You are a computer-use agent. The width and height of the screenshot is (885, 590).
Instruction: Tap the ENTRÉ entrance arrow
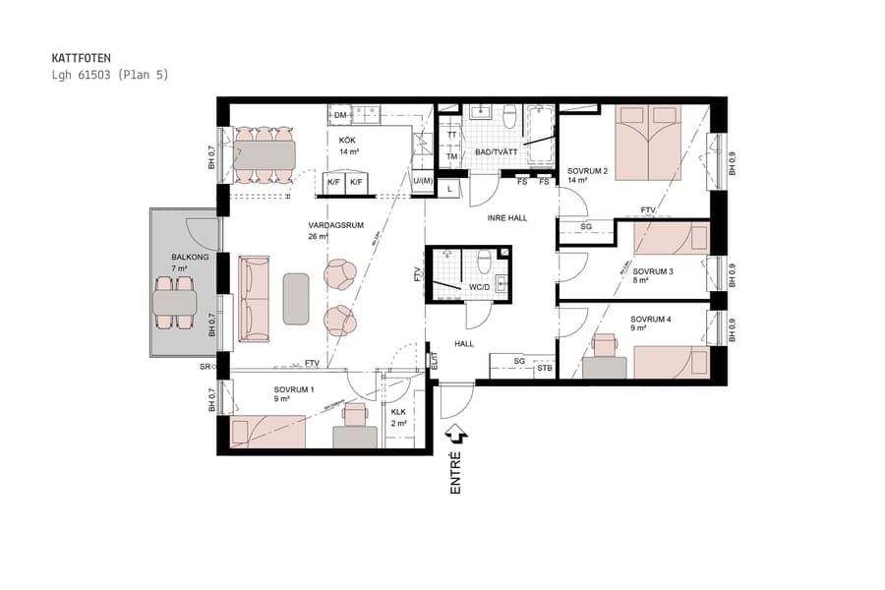(x=455, y=432)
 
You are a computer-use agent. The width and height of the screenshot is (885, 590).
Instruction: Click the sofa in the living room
(x=255, y=299)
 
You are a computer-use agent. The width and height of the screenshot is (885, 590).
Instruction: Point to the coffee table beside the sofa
(x=296, y=298)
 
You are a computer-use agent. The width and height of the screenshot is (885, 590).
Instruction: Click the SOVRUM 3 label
(x=652, y=271)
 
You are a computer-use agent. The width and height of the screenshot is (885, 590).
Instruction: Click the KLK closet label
(x=398, y=412)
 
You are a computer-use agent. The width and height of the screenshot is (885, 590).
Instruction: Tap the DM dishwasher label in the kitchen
(x=340, y=116)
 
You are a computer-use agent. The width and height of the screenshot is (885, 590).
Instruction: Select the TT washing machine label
(x=451, y=135)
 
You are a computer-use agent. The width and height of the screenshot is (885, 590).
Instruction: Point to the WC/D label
(x=480, y=287)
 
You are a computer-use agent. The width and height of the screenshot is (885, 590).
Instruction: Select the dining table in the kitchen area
(x=264, y=155)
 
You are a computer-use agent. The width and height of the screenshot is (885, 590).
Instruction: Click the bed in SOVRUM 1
(x=267, y=431)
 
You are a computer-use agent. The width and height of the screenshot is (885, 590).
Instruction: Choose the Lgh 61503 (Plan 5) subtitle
(x=109, y=75)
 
